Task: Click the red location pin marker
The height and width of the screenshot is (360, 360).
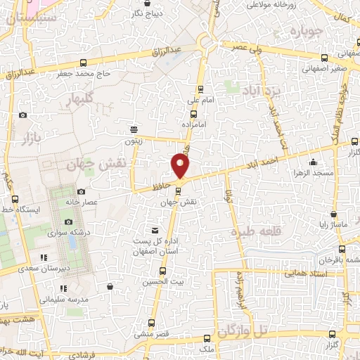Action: pos(181,166)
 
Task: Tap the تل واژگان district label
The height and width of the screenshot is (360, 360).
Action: pos(243,329)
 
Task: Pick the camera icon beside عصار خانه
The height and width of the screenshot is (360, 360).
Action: pos(81,192)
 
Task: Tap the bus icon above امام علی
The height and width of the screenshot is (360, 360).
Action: pos(200,89)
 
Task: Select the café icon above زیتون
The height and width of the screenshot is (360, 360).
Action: pos(134,129)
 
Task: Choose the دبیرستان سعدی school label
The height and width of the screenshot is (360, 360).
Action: pos(24,268)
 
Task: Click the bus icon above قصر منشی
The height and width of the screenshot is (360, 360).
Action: pos(150,323)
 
